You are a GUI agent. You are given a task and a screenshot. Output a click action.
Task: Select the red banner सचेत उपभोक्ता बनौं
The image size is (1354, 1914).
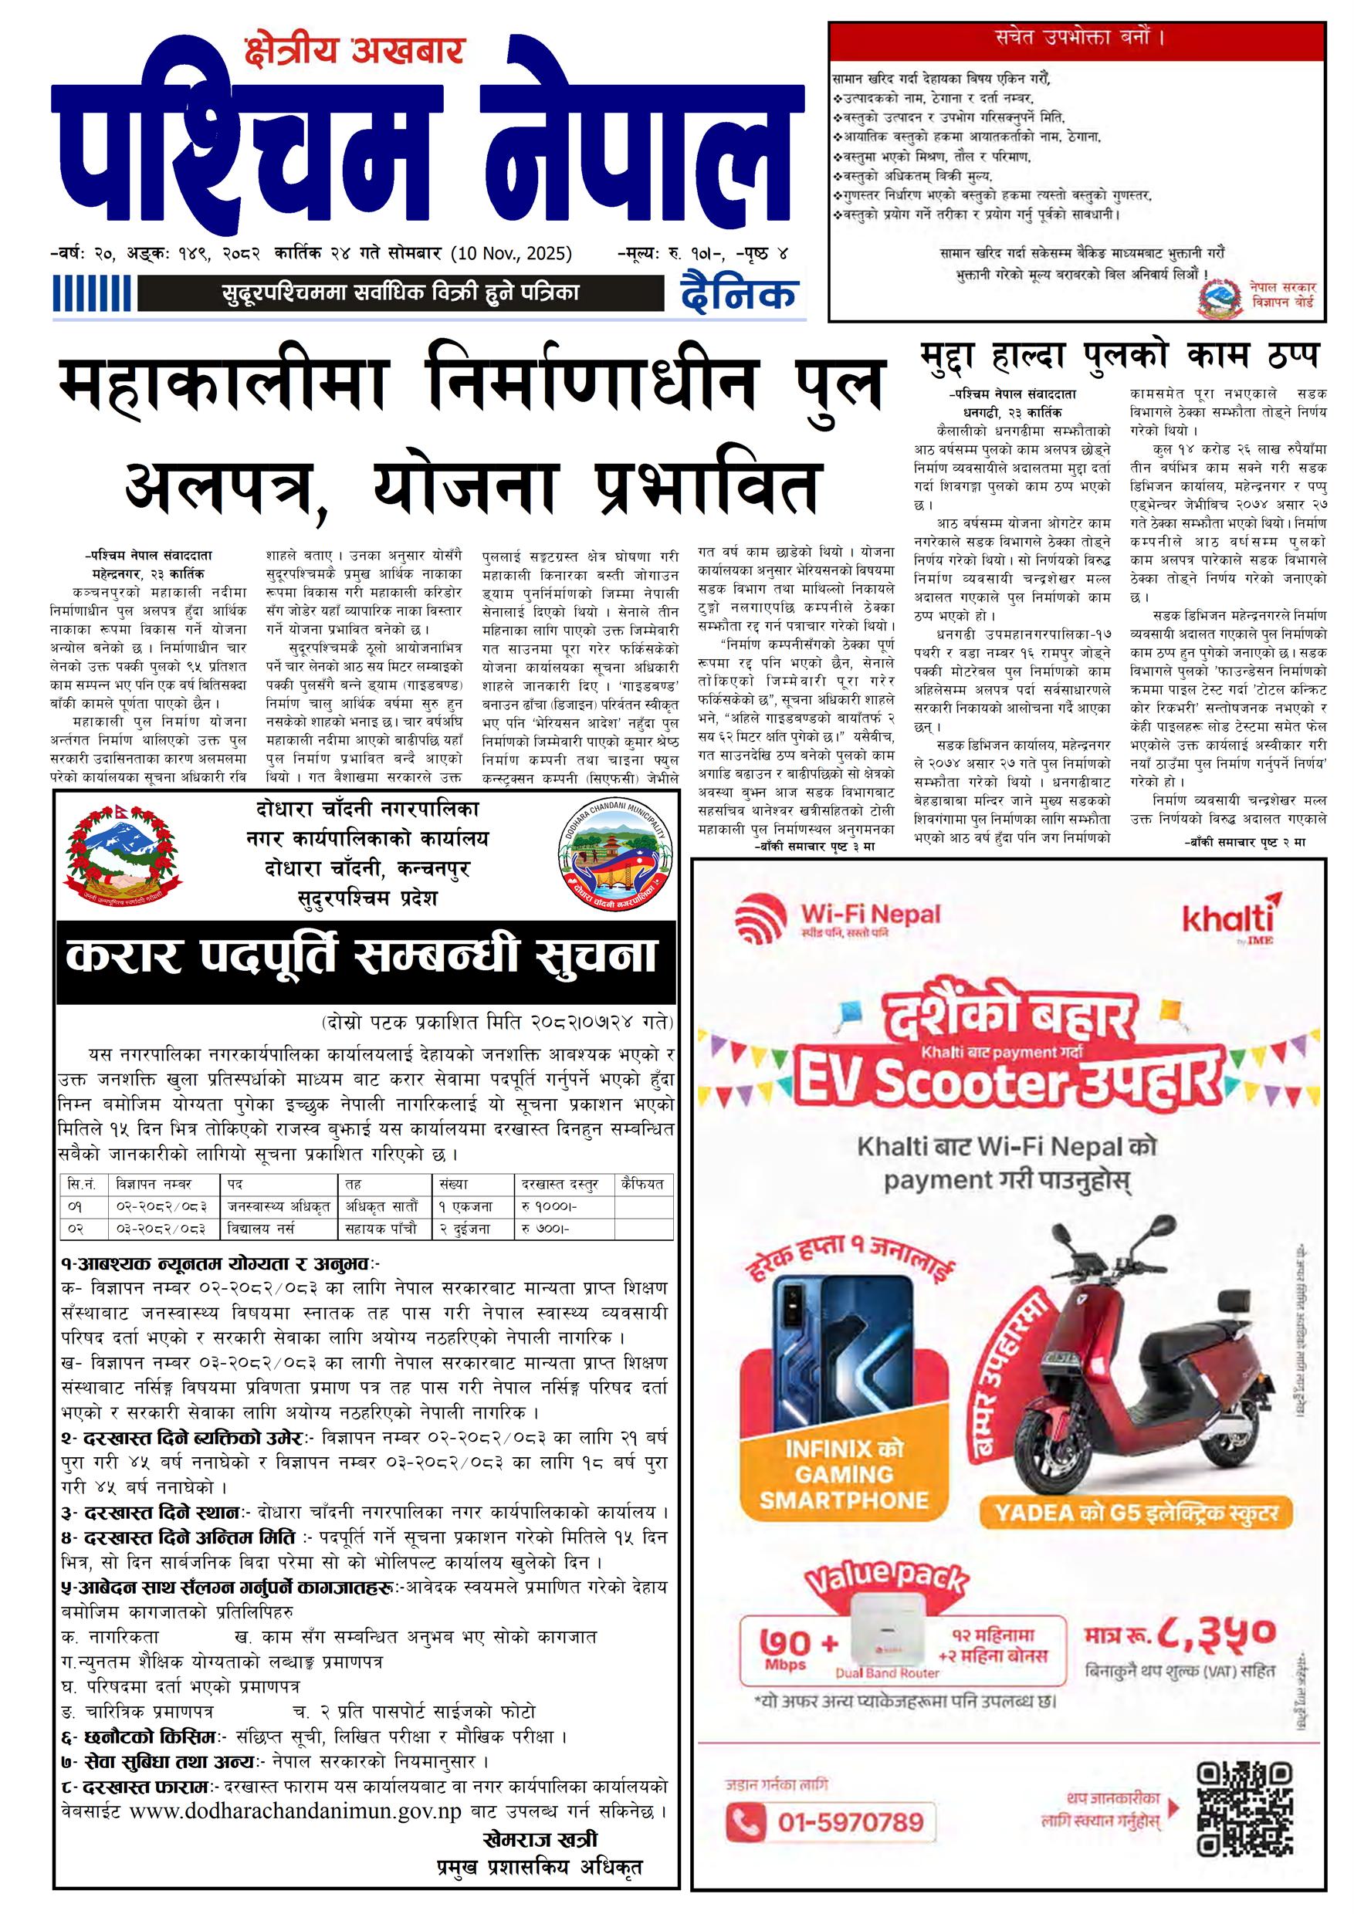(1076, 39)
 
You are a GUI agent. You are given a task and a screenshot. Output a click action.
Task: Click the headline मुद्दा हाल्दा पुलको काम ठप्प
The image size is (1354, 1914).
(1121, 357)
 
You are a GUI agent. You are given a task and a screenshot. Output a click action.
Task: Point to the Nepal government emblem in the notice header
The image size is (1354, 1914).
(123, 856)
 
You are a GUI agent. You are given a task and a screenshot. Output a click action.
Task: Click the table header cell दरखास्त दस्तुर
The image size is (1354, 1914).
(560, 1184)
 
